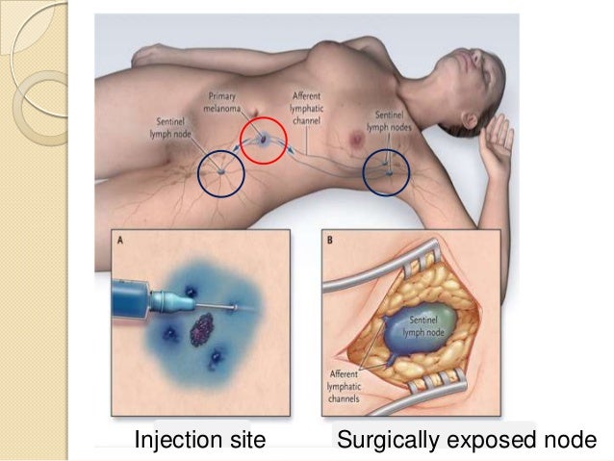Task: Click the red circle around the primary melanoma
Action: coord(264,140)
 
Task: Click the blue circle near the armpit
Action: coord(386,174)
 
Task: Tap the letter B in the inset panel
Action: coord(329,242)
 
